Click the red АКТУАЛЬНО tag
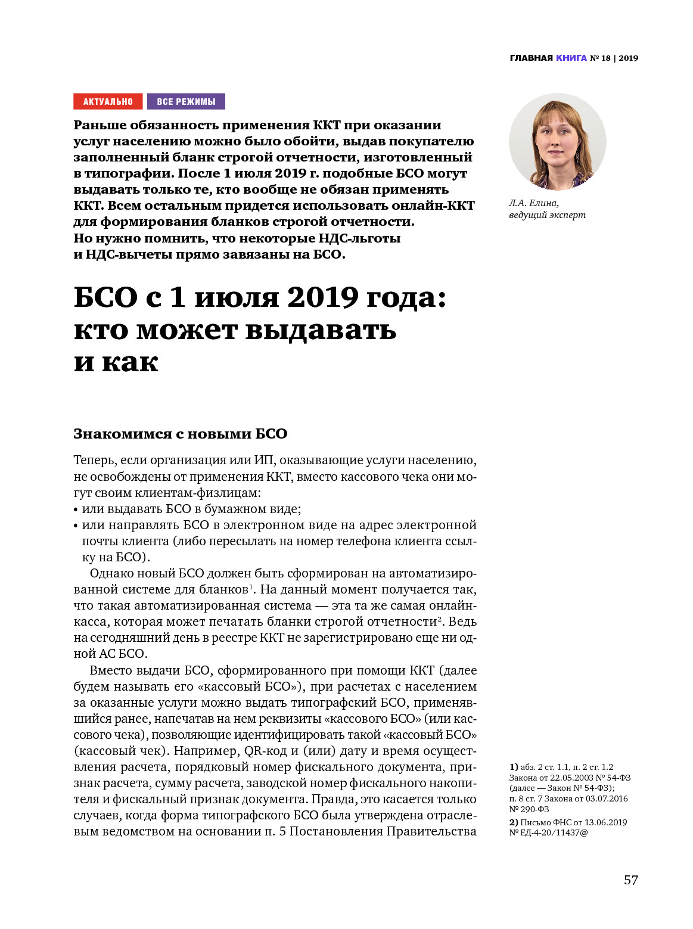(x=108, y=102)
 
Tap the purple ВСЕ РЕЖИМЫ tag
(x=186, y=102)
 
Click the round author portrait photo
(x=557, y=142)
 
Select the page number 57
(x=630, y=880)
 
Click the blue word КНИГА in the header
(x=571, y=58)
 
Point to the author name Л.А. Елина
(x=534, y=203)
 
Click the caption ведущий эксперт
(x=547, y=215)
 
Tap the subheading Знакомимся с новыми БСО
(x=180, y=434)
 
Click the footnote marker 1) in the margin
(x=513, y=767)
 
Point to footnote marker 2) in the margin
(x=513, y=822)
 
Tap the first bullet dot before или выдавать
(x=76, y=510)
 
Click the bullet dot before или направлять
(x=76, y=526)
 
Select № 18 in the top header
(x=600, y=58)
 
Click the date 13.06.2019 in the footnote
(x=605, y=822)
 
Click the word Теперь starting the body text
(x=94, y=460)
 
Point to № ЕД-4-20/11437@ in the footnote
(x=548, y=832)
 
